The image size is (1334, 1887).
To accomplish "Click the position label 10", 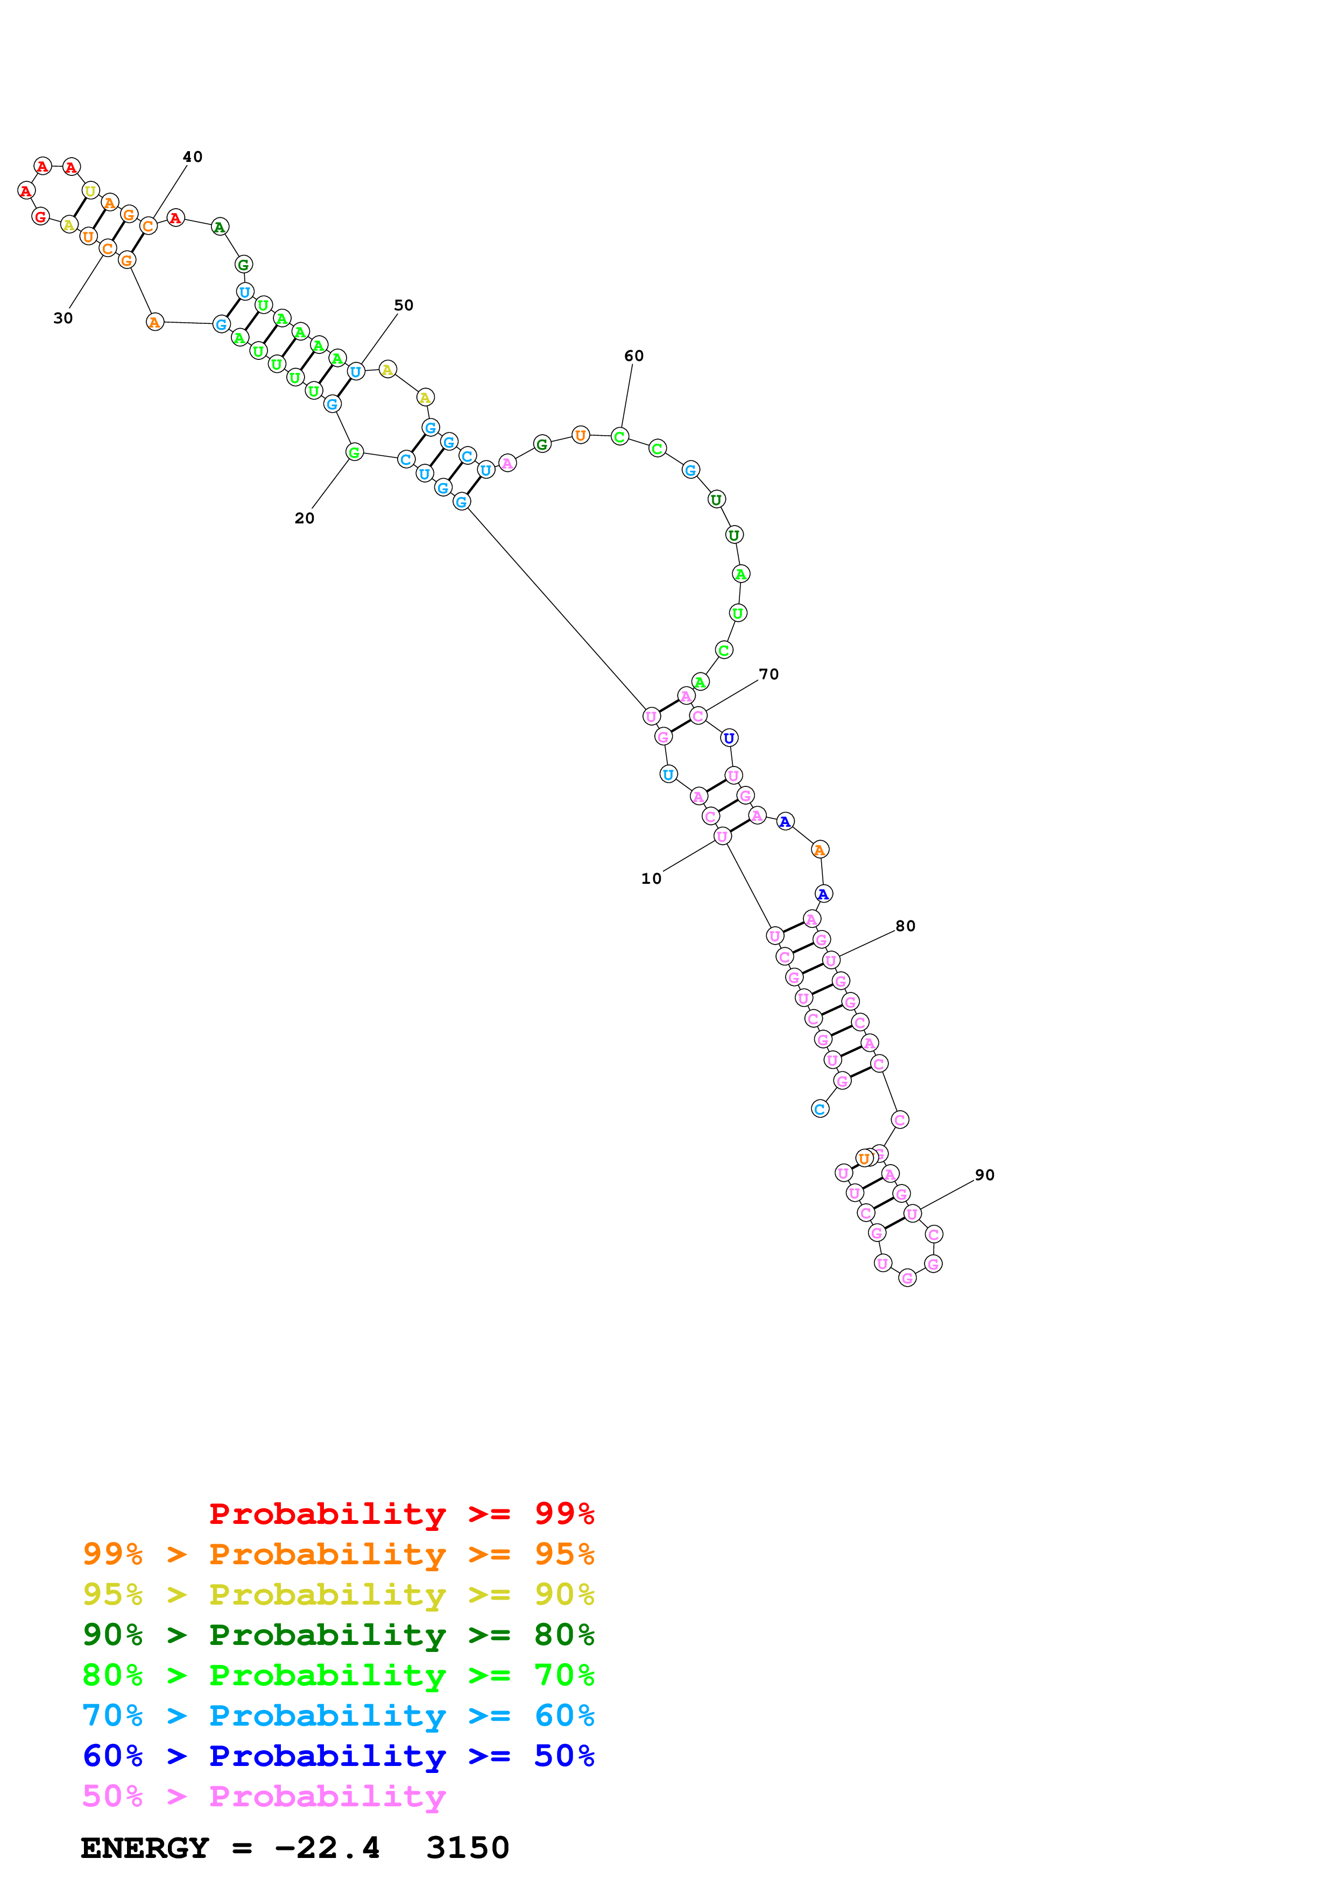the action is tap(651, 878).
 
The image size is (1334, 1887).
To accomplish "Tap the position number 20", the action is tap(304, 519).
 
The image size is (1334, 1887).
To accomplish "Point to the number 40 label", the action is tap(192, 157).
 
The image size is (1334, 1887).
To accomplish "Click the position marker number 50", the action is tap(404, 305).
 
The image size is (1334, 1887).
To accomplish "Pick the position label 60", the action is tap(634, 356).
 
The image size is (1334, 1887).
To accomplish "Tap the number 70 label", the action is tap(768, 674).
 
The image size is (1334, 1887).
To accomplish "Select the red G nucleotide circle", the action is tap(40, 217).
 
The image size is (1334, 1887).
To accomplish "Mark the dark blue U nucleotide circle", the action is tap(728, 738).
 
